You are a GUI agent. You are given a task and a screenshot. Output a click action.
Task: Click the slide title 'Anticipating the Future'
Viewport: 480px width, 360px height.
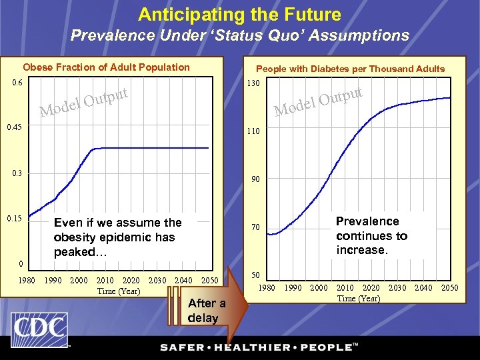point(239,15)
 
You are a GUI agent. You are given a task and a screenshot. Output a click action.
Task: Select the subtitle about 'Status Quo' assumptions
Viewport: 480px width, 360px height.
point(240,35)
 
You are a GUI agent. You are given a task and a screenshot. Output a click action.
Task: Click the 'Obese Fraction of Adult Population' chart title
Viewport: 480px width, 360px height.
point(107,67)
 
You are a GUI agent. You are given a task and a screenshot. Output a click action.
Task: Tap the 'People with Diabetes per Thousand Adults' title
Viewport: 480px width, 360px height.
point(351,69)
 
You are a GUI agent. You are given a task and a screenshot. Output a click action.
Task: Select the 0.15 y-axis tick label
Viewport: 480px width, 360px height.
point(15,219)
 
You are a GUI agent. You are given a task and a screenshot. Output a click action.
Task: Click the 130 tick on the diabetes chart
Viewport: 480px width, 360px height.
point(253,84)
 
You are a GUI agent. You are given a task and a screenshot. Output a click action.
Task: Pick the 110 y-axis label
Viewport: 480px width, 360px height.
point(253,132)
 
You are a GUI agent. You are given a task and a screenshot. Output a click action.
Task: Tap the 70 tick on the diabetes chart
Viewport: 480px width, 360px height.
point(255,228)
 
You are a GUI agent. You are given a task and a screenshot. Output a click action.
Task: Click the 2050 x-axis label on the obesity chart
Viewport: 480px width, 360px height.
point(209,281)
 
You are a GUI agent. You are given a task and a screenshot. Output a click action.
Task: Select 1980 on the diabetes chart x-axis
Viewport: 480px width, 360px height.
point(267,288)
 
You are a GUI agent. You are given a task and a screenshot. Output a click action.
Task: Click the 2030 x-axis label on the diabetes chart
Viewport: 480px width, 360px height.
point(397,288)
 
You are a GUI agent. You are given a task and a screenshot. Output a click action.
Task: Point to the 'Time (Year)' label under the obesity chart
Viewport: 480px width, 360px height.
point(118,291)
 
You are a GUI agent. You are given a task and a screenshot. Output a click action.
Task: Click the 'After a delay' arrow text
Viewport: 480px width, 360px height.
point(207,311)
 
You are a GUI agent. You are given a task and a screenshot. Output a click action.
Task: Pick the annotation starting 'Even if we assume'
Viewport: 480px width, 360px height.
point(117,237)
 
